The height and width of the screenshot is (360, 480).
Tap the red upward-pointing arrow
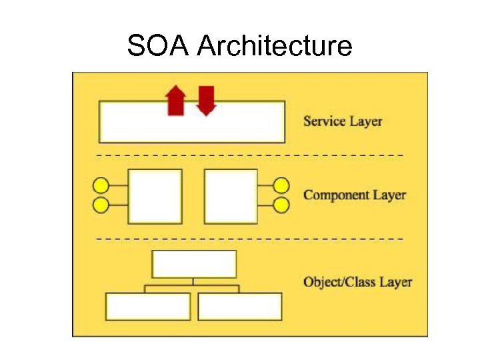pos(175,101)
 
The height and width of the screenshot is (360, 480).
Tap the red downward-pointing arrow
pos(207,100)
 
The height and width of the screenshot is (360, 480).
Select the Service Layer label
pos(343,121)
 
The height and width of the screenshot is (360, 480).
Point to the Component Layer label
pos(355,195)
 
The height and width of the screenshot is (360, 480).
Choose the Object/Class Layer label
pos(357,282)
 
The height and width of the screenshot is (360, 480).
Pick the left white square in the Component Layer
pos(155,196)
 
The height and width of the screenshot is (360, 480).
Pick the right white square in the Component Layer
pos(231,196)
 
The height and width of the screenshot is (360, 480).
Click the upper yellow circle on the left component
pos(101,185)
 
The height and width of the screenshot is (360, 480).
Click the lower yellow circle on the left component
pos(101,205)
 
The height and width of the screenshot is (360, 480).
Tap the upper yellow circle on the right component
pos(282,185)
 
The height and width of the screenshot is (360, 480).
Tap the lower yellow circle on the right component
pos(282,205)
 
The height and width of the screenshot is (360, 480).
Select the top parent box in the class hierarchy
pos(194,264)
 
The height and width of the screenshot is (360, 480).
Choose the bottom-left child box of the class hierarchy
pos(148,307)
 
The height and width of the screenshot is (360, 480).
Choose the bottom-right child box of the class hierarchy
pos(240,307)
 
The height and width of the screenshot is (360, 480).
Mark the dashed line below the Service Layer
pos(250,155)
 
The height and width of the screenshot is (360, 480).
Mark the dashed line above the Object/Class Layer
pos(250,238)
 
